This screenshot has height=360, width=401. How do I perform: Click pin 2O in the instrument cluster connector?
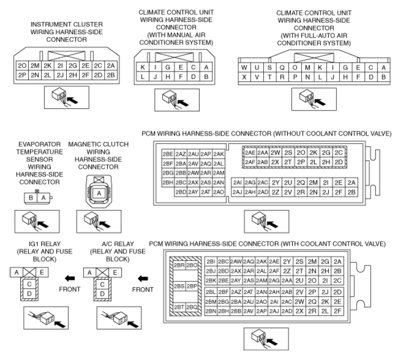pos(22,66)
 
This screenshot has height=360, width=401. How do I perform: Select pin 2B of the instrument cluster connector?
pos(111,75)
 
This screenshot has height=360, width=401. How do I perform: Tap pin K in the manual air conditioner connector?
pos(142,67)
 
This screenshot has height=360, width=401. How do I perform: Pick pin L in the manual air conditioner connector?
pos(142,77)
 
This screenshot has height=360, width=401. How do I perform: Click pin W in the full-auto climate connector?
pos(244,67)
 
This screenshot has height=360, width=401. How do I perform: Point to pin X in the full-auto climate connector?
pos(244,77)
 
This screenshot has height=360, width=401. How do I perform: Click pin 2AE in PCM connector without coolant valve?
pos(249,152)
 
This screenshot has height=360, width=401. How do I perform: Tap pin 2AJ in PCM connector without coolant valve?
pos(238,192)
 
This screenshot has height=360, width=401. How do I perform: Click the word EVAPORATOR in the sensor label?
pos(35,144)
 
